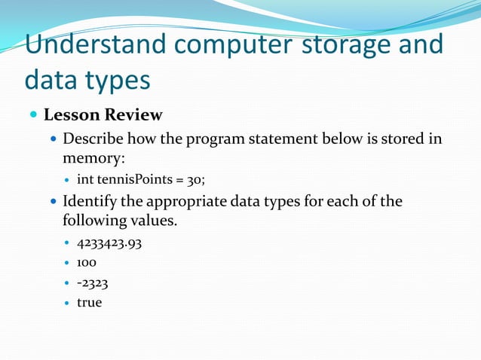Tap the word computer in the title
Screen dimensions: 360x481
229,44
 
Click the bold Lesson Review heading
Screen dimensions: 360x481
103,115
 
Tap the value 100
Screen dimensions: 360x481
87,263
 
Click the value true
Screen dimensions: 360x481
89,303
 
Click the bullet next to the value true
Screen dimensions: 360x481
67,304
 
